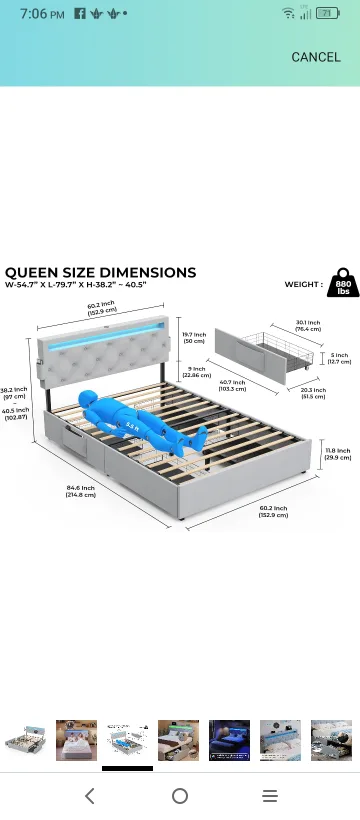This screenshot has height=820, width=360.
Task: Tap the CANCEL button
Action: coord(315,57)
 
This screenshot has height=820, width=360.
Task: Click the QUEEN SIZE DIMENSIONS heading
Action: coord(100,272)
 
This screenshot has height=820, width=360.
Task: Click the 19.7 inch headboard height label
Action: coord(194,337)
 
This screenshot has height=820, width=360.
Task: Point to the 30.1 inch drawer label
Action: coord(308,326)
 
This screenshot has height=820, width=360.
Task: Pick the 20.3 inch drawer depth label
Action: coord(313,393)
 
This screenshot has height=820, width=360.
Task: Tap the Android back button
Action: coord(90,796)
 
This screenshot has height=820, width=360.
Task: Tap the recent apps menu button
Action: coord(270,796)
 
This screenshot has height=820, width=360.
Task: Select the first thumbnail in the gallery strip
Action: coord(24,740)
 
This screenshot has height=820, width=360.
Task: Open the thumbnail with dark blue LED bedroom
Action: coord(229,740)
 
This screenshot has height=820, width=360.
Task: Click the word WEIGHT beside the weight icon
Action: coord(303,284)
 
